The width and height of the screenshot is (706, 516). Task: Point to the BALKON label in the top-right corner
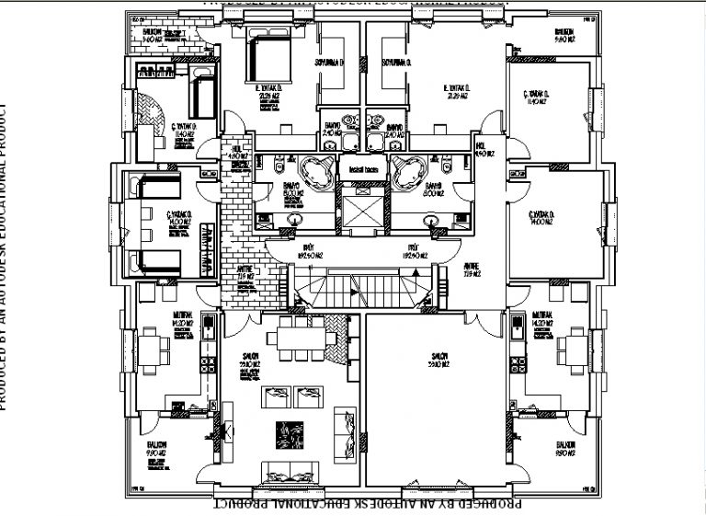564,38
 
